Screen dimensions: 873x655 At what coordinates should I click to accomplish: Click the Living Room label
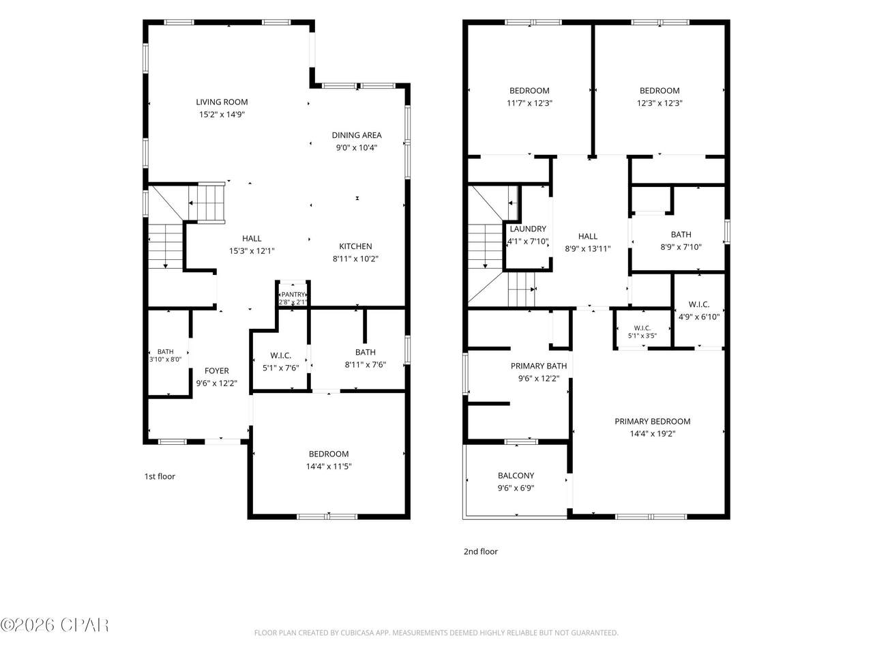click(x=222, y=102)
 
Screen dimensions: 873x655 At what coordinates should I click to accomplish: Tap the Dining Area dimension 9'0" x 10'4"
click(x=356, y=147)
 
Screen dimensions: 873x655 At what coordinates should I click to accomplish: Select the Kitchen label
click(x=355, y=246)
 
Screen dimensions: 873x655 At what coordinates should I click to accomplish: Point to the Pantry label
click(x=293, y=294)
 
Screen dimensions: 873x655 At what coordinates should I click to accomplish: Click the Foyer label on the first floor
click(x=217, y=370)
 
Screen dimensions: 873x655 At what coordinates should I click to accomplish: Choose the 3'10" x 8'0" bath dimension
click(x=166, y=359)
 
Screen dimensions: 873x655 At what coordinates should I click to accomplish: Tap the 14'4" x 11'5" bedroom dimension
click(x=329, y=466)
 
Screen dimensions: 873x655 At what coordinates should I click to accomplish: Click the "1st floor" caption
click(x=160, y=476)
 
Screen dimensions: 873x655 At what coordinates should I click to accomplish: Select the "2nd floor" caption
click(x=480, y=551)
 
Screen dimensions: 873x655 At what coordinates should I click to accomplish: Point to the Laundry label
click(x=528, y=229)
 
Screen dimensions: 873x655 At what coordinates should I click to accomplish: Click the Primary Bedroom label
click(x=652, y=421)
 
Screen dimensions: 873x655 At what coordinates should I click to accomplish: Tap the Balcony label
click(x=516, y=476)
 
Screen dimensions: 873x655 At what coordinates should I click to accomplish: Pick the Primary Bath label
click(x=539, y=366)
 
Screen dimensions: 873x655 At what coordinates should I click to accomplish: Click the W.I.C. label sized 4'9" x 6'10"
click(x=699, y=304)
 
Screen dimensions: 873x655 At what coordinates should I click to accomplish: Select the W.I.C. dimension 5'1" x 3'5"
click(x=642, y=336)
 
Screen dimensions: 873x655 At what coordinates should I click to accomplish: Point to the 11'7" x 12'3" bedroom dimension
click(x=529, y=103)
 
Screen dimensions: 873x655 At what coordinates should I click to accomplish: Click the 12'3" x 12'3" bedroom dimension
click(x=660, y=103)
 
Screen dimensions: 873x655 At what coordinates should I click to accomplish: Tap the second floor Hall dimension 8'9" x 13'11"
click(x=587, y=248)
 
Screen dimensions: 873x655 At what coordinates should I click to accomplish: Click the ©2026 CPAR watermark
click(x=55, y=625)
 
